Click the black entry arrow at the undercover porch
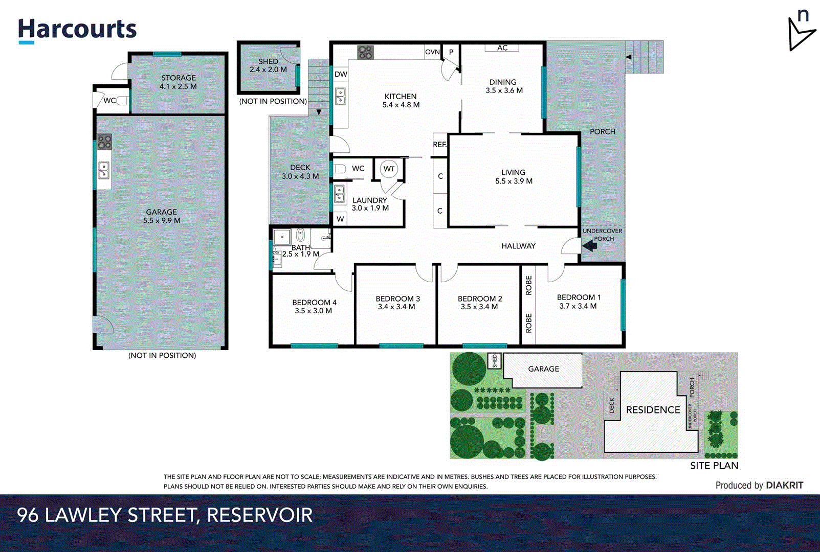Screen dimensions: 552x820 click(x=590, y=246)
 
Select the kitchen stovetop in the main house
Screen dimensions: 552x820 click(x=365, y=52)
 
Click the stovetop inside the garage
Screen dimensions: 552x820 click(x=104, y=142)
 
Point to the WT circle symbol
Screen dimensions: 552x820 click(x=389, y=169)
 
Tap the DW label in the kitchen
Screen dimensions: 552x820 click(x=341, y=74)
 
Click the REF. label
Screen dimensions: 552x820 click(x=439, y=145)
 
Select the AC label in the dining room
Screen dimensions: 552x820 click(x=502, y=48)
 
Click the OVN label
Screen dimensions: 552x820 click(x=432, y=52)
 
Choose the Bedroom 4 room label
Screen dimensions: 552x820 click(x=314, y=306)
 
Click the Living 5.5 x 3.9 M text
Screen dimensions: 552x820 click(x=514, y=177)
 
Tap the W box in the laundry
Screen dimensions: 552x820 click(x=340, y=219)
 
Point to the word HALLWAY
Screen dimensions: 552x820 click(x=518, y=246)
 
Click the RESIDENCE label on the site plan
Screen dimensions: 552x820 click(x=653, y=410)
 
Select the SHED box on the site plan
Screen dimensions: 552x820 click(x=494, y=361)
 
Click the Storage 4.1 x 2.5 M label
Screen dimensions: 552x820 click(x=178, y=82)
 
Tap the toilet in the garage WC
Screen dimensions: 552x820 click(x=122, y=101)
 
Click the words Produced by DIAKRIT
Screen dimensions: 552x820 click(x=759, y=485)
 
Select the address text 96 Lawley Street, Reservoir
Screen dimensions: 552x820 click(x=165, y=515)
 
